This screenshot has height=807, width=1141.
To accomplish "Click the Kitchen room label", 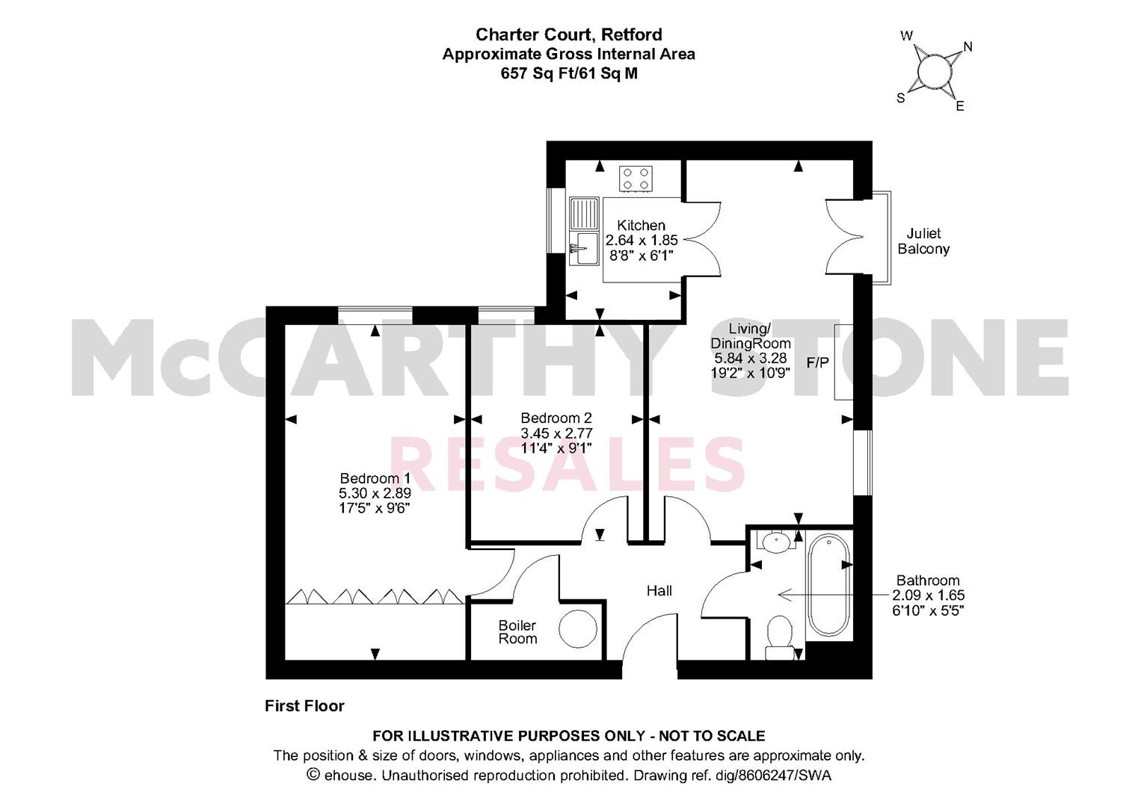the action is [642, 225].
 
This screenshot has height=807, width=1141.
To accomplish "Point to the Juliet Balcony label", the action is [923, 241].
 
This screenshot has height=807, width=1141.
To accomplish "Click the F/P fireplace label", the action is [817, 362].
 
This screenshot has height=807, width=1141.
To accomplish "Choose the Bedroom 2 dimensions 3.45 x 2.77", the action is [556, 433].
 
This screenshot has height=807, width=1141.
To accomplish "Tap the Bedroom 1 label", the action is [375, 479].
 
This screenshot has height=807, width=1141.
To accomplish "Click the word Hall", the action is [659, 590].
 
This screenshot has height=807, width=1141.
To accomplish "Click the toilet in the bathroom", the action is [779, 637].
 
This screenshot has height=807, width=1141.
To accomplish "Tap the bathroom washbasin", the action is [776, 540].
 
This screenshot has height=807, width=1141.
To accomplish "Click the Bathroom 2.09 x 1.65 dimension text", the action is [928, 596].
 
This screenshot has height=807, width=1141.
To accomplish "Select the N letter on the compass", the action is [968, 47].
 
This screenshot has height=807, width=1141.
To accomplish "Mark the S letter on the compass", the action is [900, 99].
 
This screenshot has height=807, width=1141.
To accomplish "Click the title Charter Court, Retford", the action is [569, 34].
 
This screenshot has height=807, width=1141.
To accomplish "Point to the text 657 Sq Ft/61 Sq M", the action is [569, 74].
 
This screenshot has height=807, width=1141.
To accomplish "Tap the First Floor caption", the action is [304, 705].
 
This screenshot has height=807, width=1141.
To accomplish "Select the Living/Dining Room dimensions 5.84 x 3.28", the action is [750, 358].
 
